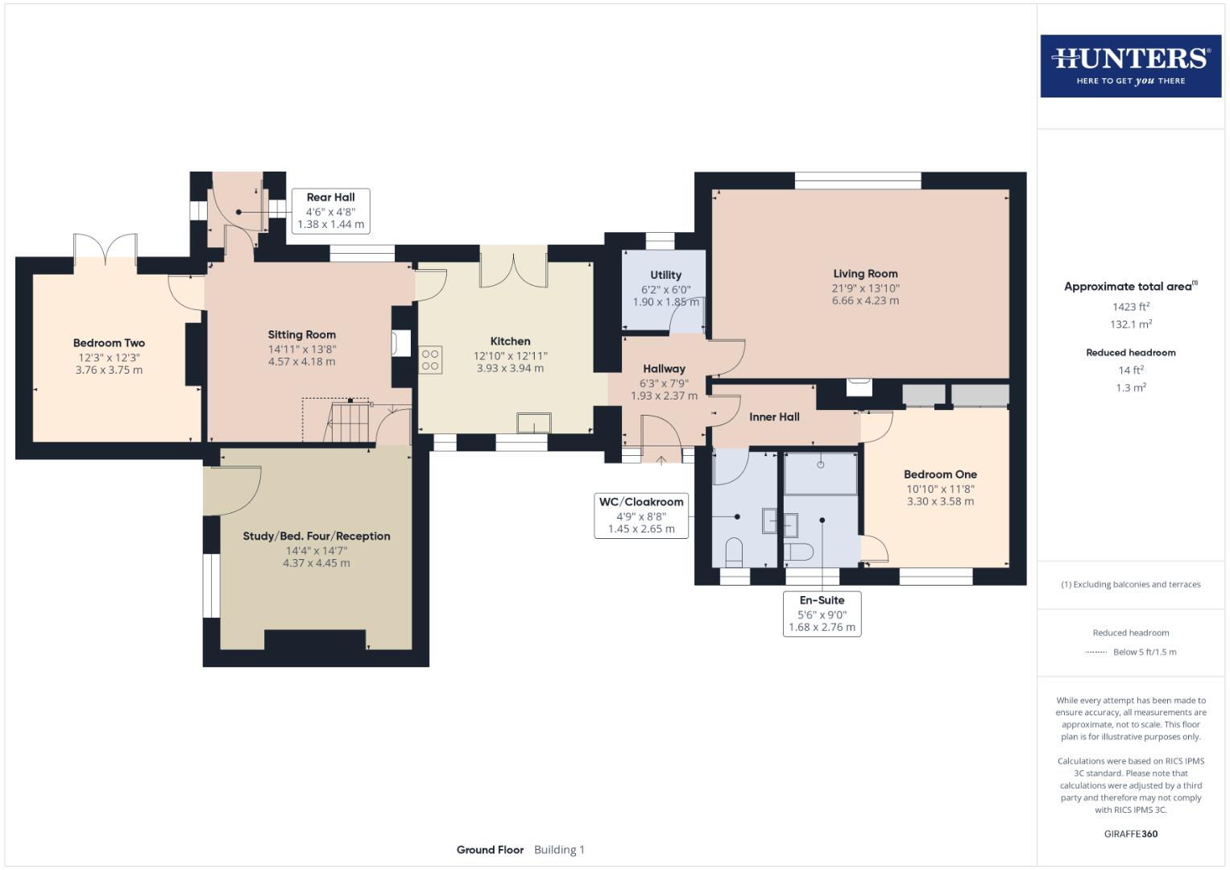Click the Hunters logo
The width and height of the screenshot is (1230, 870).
(1130, 66)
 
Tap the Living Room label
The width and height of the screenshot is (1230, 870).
(865, 274)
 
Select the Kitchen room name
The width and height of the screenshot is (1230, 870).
(510, 342)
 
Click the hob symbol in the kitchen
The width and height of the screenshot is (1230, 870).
(430, 359)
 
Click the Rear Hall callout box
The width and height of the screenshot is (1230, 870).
(330, 211)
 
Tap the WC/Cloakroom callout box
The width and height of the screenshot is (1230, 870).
(641, 516)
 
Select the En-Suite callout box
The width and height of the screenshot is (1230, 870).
(822, 614)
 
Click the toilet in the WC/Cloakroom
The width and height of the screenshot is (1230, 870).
(734, 553)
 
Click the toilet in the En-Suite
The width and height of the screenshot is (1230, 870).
(798, 553)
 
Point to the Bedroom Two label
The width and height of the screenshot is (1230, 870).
(109, 343)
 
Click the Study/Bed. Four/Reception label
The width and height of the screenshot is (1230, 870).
(317, 536)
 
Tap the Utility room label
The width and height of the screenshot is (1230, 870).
(665, 275)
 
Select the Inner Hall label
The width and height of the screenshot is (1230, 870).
(774, 417)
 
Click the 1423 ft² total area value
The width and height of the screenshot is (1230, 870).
(1130, 307)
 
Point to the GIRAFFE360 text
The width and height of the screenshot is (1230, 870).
(1130, 834)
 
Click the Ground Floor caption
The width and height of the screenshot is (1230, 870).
(490, 850)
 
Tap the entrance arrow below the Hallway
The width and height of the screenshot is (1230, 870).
(662, 460)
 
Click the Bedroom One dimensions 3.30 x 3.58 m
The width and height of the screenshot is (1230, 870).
(940, 501)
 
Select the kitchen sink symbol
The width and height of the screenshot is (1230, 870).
(534, 423)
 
